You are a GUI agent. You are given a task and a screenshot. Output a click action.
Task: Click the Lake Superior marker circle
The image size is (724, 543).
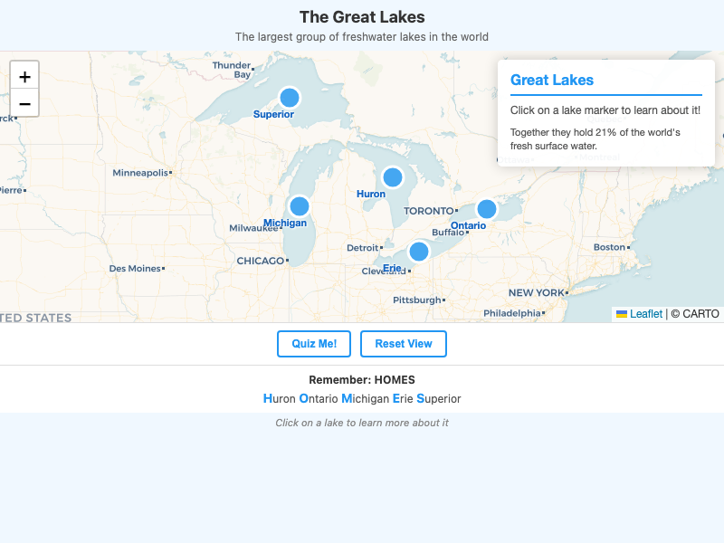290,98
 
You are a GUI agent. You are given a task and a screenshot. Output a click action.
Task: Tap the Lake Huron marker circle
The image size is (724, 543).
392,177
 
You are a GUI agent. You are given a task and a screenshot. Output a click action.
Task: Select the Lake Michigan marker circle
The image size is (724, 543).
300,206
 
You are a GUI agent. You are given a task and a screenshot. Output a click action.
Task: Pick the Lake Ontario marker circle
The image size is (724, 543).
487,209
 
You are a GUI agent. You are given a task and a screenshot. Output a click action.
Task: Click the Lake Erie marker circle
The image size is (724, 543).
418,252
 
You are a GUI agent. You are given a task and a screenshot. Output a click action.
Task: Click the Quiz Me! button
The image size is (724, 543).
314,344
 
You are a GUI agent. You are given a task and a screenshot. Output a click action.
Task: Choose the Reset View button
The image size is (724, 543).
404,344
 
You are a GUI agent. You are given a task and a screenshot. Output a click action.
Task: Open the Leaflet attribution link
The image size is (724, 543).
646,314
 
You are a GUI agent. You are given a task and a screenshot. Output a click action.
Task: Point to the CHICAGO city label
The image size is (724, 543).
261,261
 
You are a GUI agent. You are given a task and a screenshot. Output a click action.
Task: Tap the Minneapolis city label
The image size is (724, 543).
140,173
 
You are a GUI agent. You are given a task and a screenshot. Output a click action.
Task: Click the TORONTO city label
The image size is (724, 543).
428,211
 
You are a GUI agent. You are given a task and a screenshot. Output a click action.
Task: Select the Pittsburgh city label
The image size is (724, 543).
416,300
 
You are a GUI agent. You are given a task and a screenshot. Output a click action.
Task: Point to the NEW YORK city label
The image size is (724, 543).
536,293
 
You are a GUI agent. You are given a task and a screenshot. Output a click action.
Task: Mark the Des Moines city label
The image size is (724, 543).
135,268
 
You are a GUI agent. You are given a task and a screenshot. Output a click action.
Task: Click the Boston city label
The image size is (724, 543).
609,247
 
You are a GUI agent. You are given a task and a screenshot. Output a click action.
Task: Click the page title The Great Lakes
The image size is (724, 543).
362,17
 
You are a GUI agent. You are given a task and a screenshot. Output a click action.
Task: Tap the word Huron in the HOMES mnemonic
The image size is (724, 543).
280,398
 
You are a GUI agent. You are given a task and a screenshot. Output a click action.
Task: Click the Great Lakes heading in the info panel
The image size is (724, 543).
552,80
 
